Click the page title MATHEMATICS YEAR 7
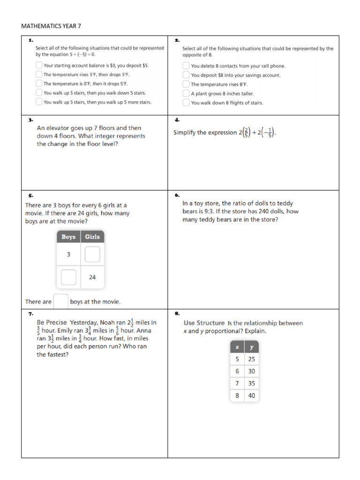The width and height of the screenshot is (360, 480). coord(51,26)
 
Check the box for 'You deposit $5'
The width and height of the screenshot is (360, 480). coord(39,66)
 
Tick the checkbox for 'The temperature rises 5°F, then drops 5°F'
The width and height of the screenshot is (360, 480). coord(39,75)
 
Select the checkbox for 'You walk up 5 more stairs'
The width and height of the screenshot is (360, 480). coord(39,102)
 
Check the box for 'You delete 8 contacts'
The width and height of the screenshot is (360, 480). coord(186,66)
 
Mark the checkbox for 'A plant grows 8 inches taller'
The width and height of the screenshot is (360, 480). coord(186,93)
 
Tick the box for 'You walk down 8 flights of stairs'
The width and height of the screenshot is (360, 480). coord(186,103)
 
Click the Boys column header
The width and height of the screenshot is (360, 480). coord(68,237)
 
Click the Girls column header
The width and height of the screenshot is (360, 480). coord(92,237)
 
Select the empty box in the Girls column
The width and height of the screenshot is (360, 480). coord(92,255)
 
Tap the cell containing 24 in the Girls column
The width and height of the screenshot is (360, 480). coord(92,277)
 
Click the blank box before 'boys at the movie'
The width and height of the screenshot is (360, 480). coord(61,301)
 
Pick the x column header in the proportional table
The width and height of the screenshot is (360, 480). coord(237,347)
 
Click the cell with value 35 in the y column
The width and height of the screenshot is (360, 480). coord(252,383)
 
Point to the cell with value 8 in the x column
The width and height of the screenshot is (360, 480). coord(237,396)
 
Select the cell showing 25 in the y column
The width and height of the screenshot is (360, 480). coord(252,359)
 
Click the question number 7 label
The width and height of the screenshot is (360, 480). coord(30,313)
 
